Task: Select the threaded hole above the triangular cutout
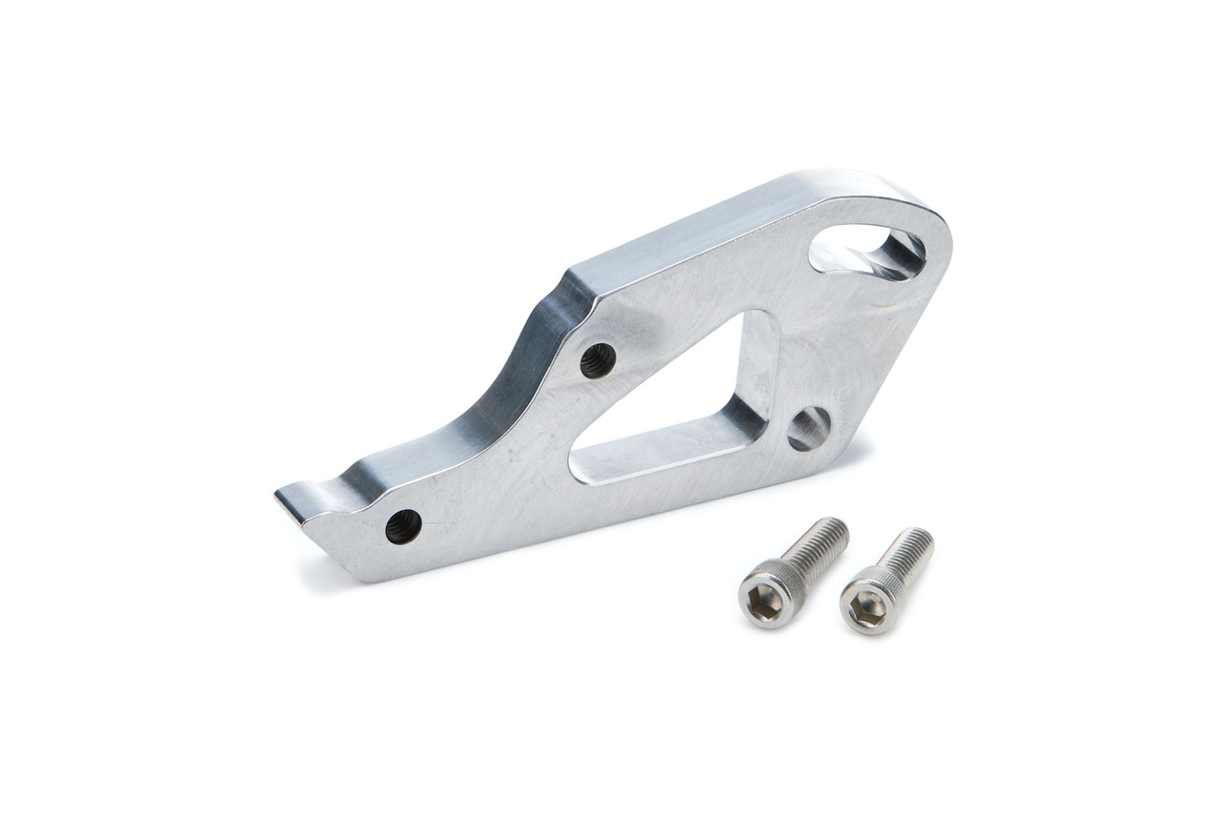coord(598,360)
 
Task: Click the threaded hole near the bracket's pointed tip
coord(403,526)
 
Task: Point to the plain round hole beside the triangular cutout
coord(809,429)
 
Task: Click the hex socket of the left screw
coord(764,601)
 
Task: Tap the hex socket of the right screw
coord(865,607)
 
